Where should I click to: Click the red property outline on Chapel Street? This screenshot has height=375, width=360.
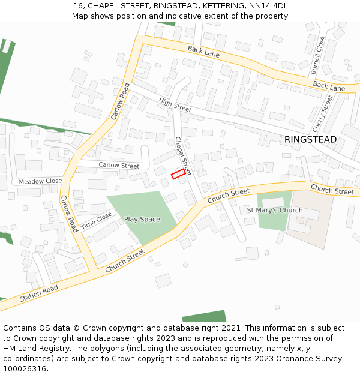coord(178,174)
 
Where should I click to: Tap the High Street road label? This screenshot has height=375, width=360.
coord(175,105)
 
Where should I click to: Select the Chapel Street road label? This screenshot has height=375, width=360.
coord(182,156)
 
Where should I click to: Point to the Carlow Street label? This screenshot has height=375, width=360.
coord(119,166)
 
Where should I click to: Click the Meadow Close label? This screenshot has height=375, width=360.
coord(40,181)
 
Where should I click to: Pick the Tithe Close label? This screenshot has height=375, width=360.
coord(97,220)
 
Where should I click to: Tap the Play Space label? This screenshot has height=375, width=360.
coord(142,220)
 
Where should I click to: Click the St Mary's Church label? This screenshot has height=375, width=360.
coord(275,211)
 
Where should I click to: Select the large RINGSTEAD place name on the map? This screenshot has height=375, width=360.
coord(310,140)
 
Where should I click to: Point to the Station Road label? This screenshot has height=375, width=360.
coord(38,294)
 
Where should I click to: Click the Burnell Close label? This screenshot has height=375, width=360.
coord(317,56)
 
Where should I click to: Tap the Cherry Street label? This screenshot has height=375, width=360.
coord(322,114)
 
